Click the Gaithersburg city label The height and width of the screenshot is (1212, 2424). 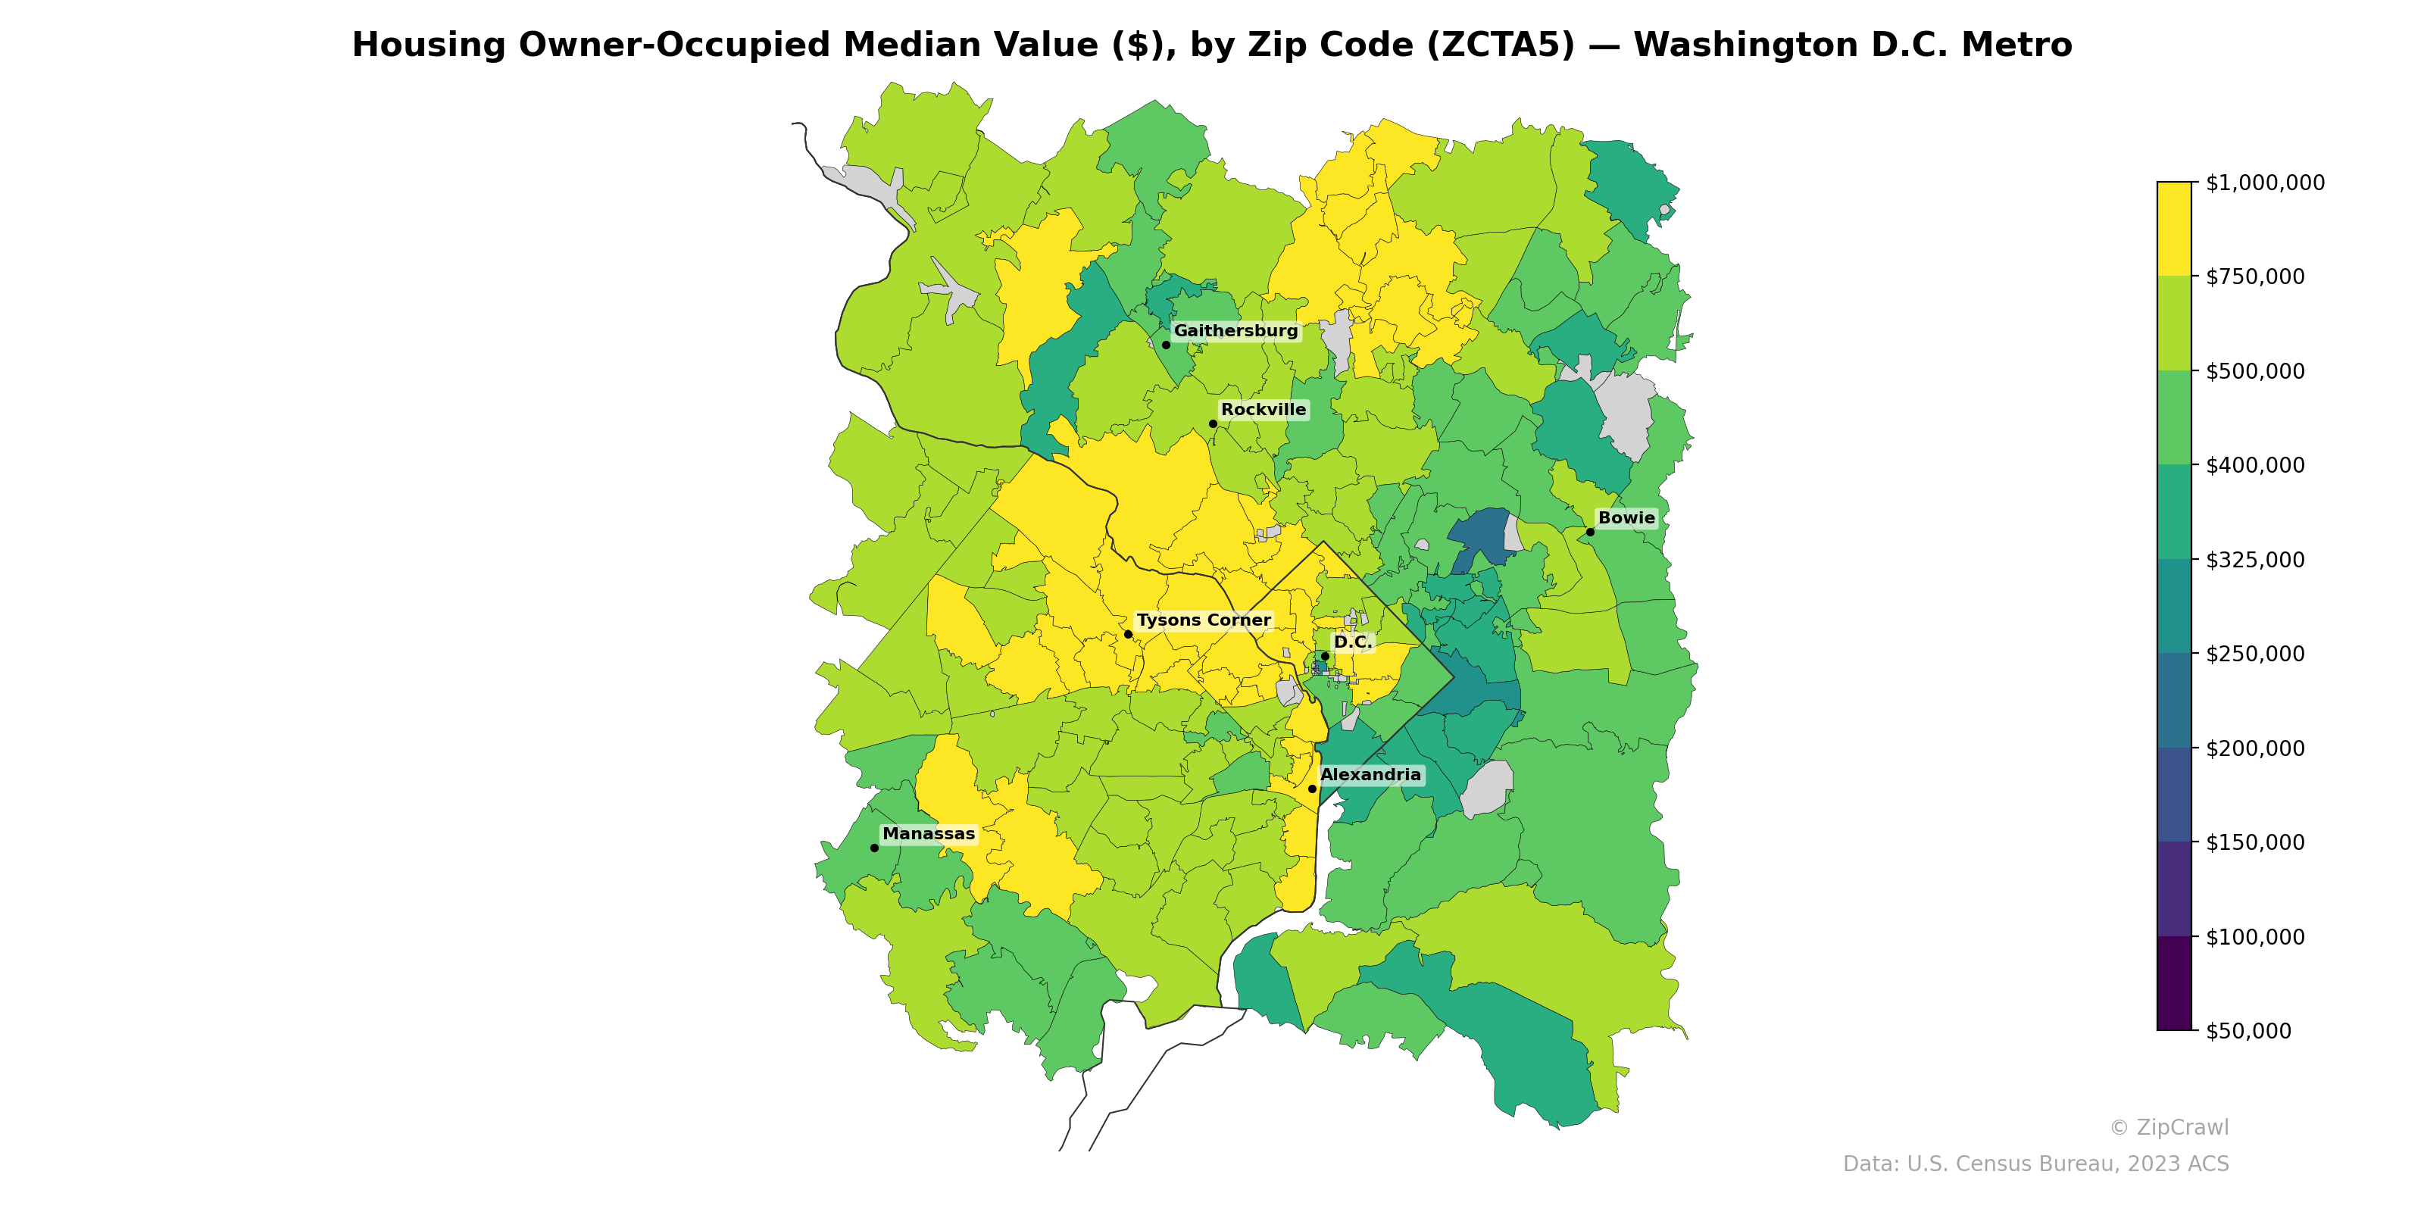click(x=1235, y=331)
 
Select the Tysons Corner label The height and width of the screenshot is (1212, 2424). click(x=1204, y=620)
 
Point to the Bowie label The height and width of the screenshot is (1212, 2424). click(x=1626, y=517)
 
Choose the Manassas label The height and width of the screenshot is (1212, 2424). click(x=929, y=834)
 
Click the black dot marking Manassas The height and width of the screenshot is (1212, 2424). click(x=874, y=848)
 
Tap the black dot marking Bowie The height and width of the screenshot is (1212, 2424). click(x=1590, y=532)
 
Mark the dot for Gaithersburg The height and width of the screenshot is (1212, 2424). click(x=1166, y=345)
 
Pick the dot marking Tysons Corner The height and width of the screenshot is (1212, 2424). click(x=1128, y=634)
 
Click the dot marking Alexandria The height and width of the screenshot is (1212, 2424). click(x=1313, y=789)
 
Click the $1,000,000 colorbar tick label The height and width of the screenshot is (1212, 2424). click(x=2265, y=183)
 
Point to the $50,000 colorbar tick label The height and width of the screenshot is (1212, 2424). click(x=2249, y=1031)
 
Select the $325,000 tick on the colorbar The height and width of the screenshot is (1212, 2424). click(x=2254, y=560)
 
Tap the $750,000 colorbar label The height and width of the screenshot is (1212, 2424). click(x=2254, y=276)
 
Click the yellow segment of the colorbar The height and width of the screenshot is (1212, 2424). click(x=2174, y=229)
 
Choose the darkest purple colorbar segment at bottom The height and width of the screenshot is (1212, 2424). click(x=2174, y=983)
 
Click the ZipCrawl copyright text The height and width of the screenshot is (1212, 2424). click(x=2169, y=1127)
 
